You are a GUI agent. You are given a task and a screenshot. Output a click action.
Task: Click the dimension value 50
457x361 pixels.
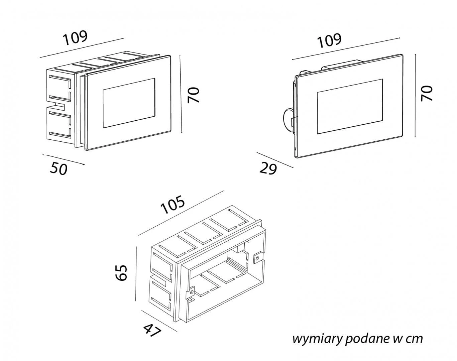(59, 168)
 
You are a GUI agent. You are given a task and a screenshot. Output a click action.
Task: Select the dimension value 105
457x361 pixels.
(173, 205)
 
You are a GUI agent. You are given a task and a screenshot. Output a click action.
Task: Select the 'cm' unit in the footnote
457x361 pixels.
(414, 339)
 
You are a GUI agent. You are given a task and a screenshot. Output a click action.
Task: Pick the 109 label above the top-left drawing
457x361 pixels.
(76, 37)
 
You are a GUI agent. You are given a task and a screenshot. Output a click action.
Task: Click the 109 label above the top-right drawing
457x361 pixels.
(329, 40)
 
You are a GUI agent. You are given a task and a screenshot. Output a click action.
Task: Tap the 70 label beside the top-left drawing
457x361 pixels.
(193, 95)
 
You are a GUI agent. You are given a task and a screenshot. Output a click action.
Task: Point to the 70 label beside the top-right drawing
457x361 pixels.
(427, 93)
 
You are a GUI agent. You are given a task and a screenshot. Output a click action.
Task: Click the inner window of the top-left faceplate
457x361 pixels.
(129, 103)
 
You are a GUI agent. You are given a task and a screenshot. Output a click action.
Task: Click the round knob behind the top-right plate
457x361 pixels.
(286, 119)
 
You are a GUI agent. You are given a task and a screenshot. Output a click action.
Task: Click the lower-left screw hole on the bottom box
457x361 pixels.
(191, 291)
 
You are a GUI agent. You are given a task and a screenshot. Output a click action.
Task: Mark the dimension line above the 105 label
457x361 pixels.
(180, 213)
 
